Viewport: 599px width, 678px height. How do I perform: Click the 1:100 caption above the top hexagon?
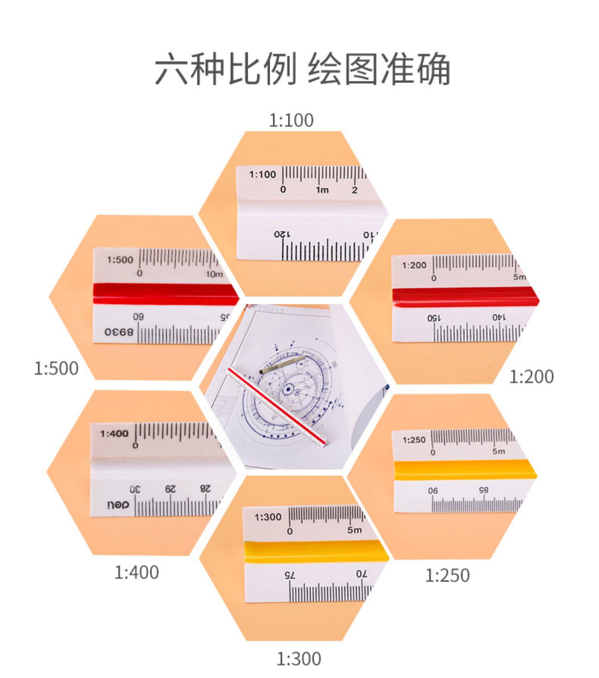[291, 121]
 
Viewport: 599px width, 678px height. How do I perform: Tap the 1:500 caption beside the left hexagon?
[56, 368]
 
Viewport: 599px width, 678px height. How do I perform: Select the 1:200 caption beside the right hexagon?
[531, 377]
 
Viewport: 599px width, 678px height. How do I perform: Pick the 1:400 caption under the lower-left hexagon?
[136, 572]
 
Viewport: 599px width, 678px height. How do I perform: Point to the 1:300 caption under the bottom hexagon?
[299, 659]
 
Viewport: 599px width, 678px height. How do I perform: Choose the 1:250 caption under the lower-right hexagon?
[447, 575]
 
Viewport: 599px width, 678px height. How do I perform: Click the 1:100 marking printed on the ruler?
[263, 175]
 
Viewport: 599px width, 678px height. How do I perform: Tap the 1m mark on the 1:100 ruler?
[322, 190]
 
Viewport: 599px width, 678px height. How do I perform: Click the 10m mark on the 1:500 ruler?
[214, 274]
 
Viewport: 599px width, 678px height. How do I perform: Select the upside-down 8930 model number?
[119, 332]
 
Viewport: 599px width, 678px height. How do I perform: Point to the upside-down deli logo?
[118, 504]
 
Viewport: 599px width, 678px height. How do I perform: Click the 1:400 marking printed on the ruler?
[114, 433]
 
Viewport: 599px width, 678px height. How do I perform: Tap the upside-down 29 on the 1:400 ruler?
[170, 489]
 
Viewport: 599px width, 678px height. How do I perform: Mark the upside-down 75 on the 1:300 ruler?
[290, 575]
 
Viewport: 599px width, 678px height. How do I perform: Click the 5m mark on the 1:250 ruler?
[499, 451]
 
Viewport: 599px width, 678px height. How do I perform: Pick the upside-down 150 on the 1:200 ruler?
[435, 318]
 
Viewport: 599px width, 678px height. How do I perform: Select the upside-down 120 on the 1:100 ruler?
[282, 234]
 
